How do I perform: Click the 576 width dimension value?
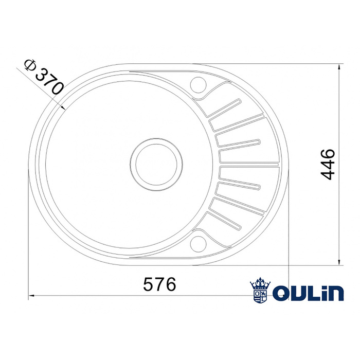tap(159, 284)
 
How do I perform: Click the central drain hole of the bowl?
tap(155, 163)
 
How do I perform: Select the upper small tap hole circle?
tap(198, 83)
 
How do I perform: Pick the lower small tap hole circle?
tap(198, 242)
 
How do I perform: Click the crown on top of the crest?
tap(260, 283)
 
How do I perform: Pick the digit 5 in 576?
tap(147, 284)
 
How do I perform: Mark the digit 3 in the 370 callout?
tap(41, 74)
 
